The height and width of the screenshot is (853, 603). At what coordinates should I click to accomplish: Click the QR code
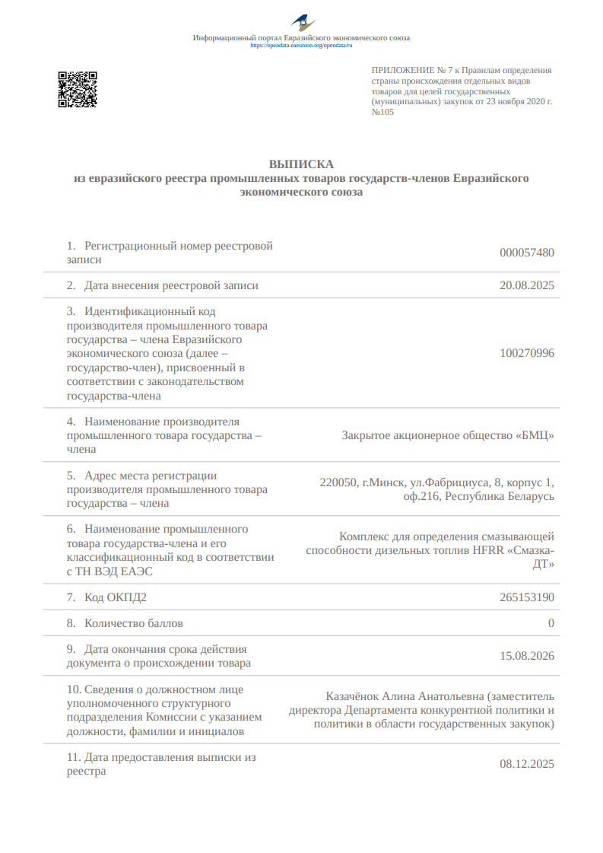pos(78,89)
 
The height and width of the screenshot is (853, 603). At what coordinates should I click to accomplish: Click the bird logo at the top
pos(301,23)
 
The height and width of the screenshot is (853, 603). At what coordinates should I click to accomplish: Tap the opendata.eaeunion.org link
pos(301,46)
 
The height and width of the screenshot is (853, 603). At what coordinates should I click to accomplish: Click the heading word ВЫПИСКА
pos(301,164)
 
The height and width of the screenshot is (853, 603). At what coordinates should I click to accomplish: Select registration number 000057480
pos(527,253)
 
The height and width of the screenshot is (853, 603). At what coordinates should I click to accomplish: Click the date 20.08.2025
pos(527,285)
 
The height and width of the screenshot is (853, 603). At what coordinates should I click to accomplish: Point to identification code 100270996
pos(527,353)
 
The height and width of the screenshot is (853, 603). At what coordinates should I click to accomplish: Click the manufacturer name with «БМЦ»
pos(448,436)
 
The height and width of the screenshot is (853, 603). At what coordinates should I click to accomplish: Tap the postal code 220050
pos(338,482)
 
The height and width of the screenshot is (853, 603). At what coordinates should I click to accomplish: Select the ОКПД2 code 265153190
pos(527,597)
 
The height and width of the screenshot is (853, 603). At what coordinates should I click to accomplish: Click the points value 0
pos(551,623)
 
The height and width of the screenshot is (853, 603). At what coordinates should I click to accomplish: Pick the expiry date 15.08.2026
pos(527,656)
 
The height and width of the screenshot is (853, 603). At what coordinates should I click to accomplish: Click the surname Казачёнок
pos(352,696)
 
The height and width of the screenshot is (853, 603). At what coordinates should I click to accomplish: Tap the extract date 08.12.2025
pos(527,764)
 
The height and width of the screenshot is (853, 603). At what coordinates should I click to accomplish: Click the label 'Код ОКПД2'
pos(115,597)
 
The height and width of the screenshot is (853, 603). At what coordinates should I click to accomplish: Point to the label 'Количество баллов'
pos(133,623)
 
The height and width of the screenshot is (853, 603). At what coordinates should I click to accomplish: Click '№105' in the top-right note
pos(382,112)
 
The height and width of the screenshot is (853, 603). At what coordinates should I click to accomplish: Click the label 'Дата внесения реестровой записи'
pos(171,285)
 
